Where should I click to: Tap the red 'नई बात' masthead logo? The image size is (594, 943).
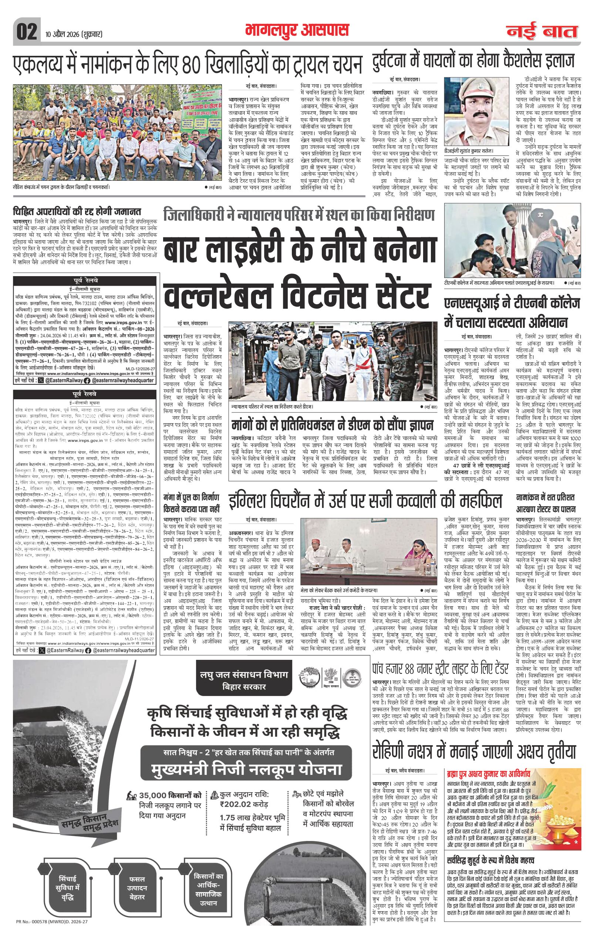542,31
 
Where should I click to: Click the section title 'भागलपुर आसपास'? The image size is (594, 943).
297,30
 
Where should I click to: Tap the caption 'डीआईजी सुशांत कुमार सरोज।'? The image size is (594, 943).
469,151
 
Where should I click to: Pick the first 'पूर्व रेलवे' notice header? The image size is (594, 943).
85,281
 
